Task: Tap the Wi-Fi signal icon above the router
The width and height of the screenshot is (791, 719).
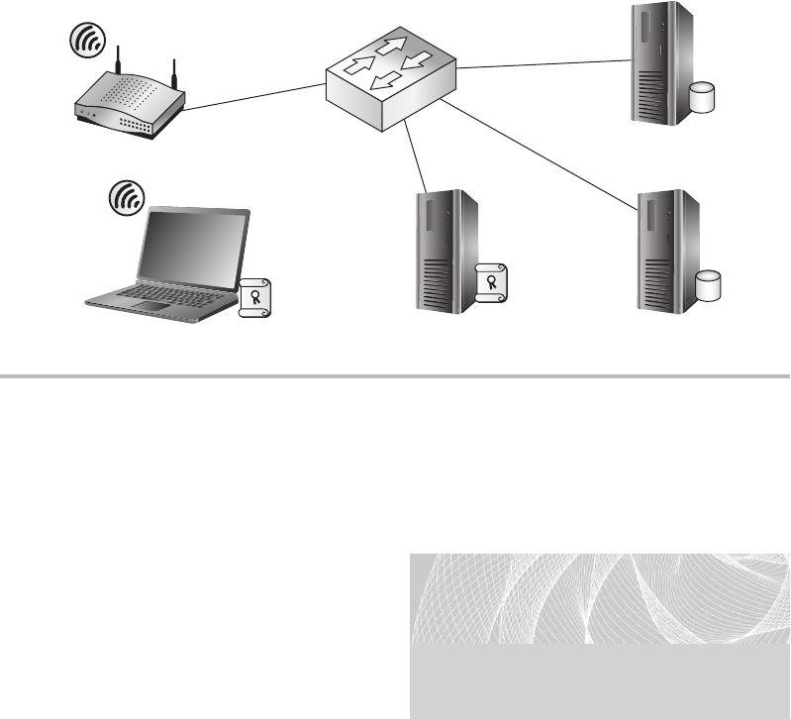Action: point(86,40)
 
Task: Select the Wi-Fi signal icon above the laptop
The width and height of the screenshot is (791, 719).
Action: point(123,198)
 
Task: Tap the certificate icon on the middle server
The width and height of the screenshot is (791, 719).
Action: point(490,282)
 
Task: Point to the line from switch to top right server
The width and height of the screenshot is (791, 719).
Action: point(544,64)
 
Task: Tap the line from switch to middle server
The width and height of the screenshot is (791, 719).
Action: point(417,158)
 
